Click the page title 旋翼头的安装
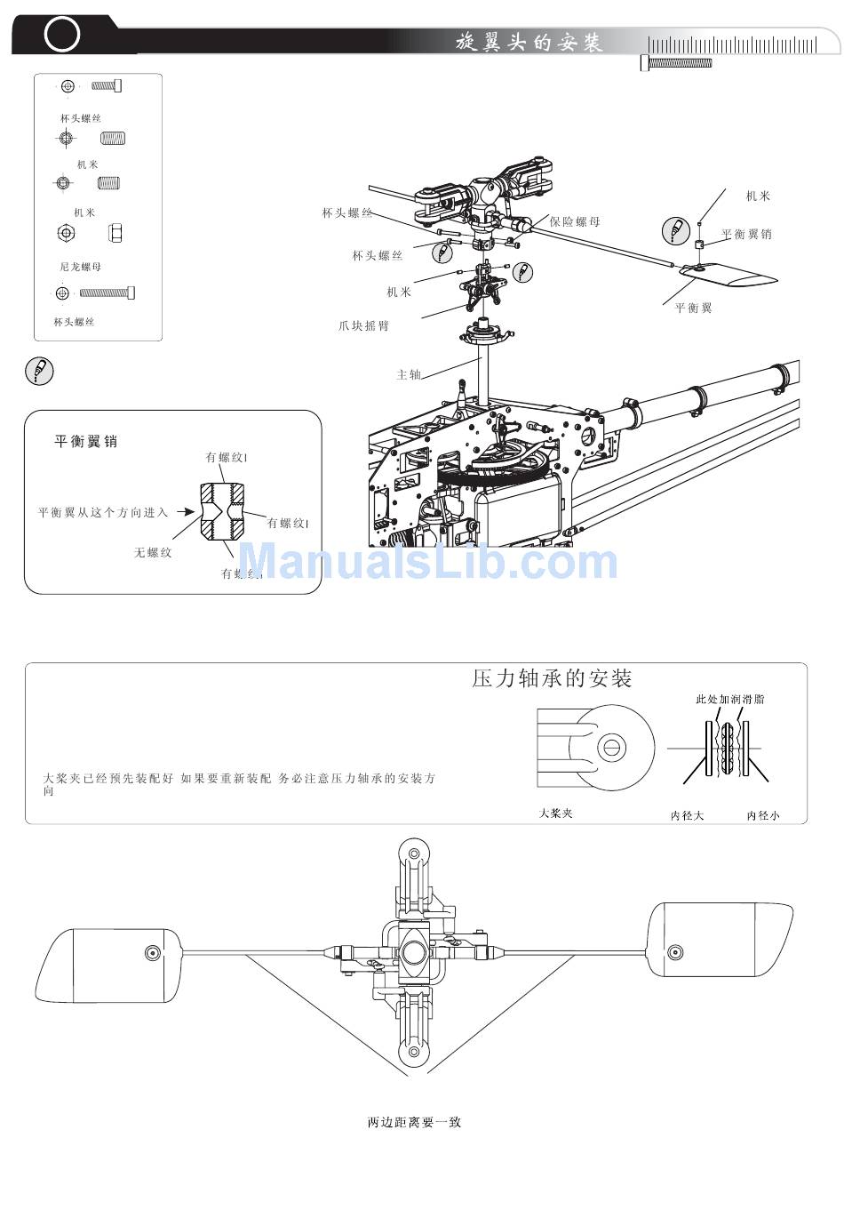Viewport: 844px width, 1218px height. click(529, 42)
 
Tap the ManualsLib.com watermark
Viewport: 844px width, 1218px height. click(428, 563)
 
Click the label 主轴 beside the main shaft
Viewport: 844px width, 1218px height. click(409, 375)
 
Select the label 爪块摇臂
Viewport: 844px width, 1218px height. click(363, 326)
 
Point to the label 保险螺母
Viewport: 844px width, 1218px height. click(575, 222)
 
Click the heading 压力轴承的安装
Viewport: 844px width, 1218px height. click(552, 679)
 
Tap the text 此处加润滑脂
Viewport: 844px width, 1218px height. click(729, 700)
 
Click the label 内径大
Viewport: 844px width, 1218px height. click(687, 815)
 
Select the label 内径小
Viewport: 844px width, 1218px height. click(763, 815)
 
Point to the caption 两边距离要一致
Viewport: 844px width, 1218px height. click(414, 1122)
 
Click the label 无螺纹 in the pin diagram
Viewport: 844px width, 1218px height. click(153, 553)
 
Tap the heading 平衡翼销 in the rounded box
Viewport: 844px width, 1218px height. click(86, 441)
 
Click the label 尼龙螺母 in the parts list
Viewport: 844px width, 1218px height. click(80, 267)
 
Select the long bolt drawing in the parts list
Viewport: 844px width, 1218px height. click(107, 292)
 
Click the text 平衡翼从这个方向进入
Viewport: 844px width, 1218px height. click(103, 513)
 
